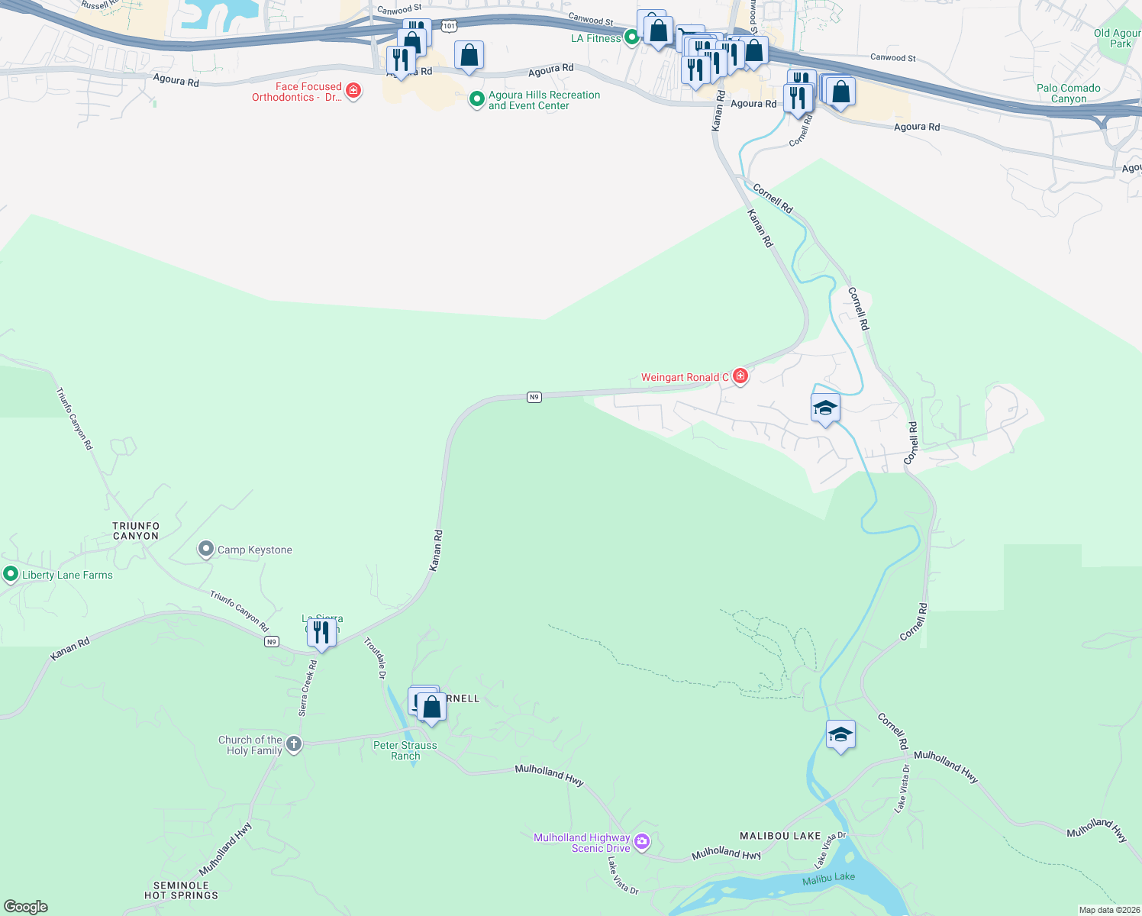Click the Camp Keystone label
tap(254, 550)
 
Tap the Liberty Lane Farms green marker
tap(11, 574)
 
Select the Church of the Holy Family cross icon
tap(294, 744)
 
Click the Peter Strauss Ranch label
tap(405, 750)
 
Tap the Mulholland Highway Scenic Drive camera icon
tap(642, 842)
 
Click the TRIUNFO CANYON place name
tap(136, 531)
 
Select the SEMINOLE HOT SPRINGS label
tap(181, 890)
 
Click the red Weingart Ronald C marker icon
tap(740, 376)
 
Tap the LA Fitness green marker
tap(631, 37)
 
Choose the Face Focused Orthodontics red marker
tap(353, 91)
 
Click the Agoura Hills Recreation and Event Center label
tap(544, 100)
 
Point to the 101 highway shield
tap(449, 26)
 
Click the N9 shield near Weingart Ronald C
tap(534, 397)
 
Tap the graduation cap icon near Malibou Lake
tap(840, 734)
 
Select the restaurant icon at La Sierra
tap(321, 633)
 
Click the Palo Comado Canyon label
tap(1068, 93)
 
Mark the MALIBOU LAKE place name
tap(780, 836)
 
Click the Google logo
tap(26, 906)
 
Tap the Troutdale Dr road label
tap(375, 658)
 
